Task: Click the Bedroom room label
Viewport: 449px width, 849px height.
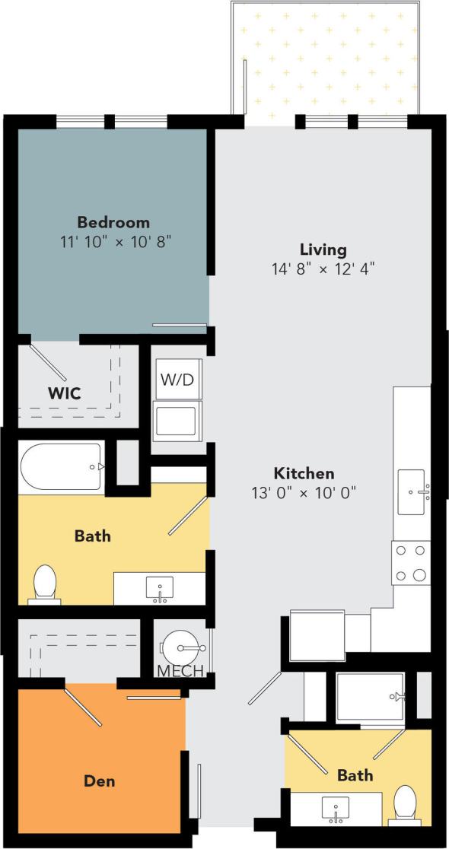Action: (113, 222)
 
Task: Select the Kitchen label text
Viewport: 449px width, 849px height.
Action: (305, 473)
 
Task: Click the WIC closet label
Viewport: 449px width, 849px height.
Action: (65, 393)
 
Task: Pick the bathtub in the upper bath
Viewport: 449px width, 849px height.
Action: (61, 467)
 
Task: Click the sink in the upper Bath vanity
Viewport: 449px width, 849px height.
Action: (160, 588)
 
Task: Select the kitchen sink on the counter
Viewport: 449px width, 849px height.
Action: (412, 491)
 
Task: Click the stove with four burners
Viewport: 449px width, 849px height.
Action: (411, 562)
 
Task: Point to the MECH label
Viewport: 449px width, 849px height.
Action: (180, 671)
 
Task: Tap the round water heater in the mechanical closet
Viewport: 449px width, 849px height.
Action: (182, 648)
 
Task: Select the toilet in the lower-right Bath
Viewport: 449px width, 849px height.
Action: (405, 806)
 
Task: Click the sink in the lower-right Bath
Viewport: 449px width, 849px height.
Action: (335, 808)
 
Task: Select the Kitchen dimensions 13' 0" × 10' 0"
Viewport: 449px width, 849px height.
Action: (305, 493)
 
